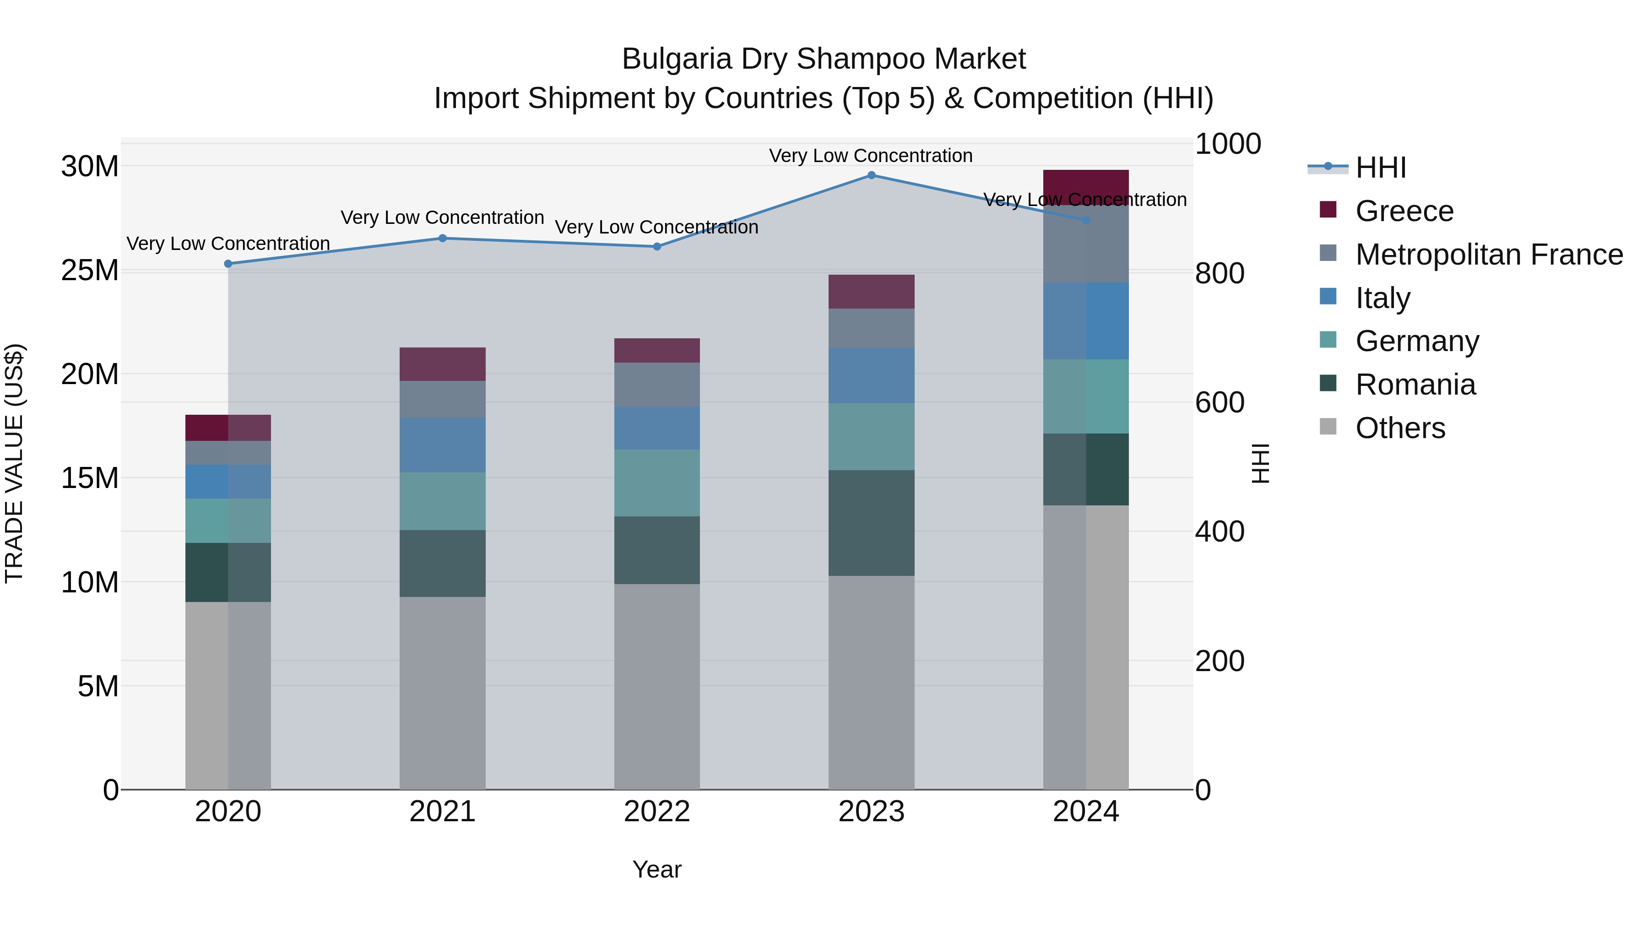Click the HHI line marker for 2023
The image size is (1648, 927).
[871, 175]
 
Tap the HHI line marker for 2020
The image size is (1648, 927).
[228, 264]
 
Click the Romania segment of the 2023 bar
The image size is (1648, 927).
[871, 523]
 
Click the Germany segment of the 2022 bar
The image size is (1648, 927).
[657, 482]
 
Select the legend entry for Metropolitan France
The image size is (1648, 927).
[1489, 255]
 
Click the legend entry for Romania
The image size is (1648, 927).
[1415, 385]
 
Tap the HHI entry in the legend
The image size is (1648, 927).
[1381, 168]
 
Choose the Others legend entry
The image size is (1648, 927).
[1400, 428]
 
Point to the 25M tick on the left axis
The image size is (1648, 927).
[90, 271]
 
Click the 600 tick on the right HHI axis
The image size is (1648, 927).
[1220, 402]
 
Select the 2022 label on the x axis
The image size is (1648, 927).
[657, 812]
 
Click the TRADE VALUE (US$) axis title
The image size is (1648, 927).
[14, 463]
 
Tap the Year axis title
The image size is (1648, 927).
[657, 869]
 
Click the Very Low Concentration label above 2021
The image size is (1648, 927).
[443, 217]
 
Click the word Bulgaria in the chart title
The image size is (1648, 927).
[676, 59]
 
